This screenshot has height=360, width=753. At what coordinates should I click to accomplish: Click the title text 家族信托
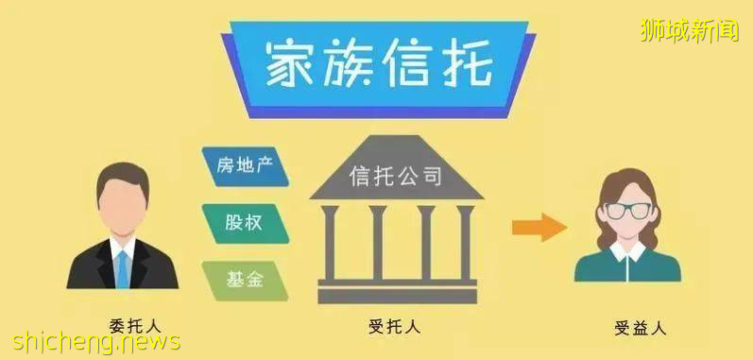tap(378, 65)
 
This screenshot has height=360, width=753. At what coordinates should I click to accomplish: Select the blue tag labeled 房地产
tap(245, 167)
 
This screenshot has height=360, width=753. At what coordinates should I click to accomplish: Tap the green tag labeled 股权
tap(245, 222)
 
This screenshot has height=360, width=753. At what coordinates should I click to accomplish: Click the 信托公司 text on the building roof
tap(397, 177)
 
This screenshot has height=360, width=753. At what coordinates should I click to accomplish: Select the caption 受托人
tap(394, 327)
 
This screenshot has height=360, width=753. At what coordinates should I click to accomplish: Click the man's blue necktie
tap(122, 267)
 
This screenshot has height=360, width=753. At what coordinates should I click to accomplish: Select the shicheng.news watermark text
tap(91, 341)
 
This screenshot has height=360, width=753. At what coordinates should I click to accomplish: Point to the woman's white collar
tap(628, 250)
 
